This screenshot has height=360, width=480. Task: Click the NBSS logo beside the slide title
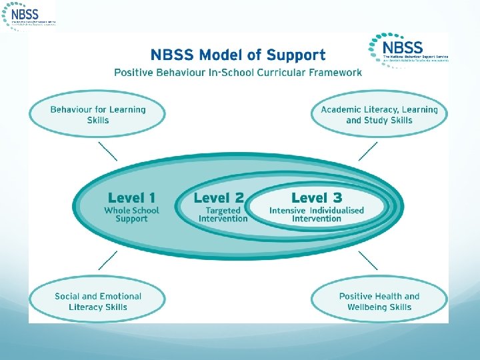pyautogui.click(x=409, y=49)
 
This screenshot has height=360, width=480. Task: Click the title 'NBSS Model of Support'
pyautogui.click(x=238, y=55)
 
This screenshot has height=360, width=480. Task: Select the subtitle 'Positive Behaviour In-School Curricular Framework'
pyautogui.click(x=238, y=72)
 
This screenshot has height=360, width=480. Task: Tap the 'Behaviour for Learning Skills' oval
pyautogui.click(x=97, y=115)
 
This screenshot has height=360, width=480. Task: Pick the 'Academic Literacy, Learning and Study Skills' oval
pyautogui.click(x=379, y=115)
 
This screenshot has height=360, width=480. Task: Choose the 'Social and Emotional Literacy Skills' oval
pyautogui.click(x=97, y=301)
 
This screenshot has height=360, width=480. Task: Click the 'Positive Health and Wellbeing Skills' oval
pyautogui.click(x=379, y=301)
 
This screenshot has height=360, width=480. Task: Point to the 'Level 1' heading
pyautogui.click(x=131, y=197)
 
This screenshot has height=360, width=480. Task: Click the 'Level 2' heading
pyautogui.click(x=219, y=197)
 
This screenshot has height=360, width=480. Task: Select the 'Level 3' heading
pyautogui.click(x=317, y=197)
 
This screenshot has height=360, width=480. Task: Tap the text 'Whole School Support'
pyautogui.click(x=131, y=215)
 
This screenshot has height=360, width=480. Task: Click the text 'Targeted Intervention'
pyautogui.click(x=223, y=215)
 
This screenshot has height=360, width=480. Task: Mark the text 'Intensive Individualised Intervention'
pyautogui.click(x=317, y=215)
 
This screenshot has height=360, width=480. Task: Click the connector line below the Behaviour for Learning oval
pyautogui.click(x=107, y=151)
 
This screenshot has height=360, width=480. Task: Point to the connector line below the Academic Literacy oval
pyautogui.click(x=368, y=151)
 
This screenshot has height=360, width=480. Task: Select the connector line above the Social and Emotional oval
pyautogui.click(x=107, y=261)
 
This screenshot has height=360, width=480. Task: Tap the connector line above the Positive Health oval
pyautogui.click(x=368, y=261)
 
